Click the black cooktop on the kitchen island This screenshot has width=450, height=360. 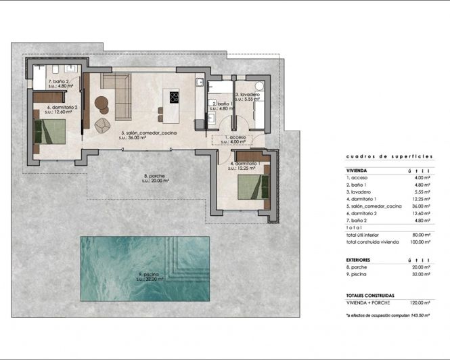click(x=174, y=96)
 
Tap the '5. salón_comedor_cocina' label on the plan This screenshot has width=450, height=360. click(x=148, y=133)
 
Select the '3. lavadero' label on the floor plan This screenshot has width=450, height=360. click(x=248, y=95)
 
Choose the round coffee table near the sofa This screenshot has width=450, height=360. click(x=102, y=104)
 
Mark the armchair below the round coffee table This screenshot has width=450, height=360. click(x=102, y=125)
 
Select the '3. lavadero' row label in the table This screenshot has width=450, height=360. click(x=361, y=192)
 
